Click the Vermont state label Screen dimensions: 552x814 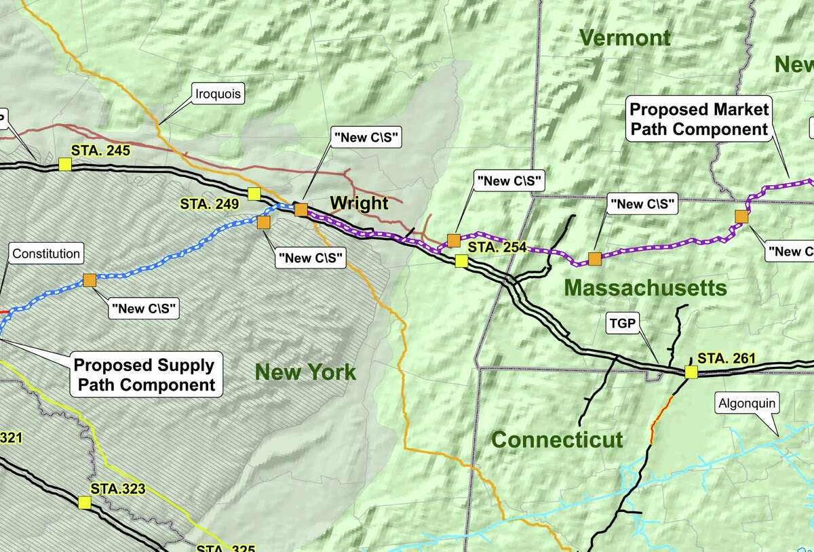[x=625, y=38]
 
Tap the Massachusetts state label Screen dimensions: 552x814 [x=645, y=288]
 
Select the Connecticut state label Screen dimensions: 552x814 [x=557, y=439]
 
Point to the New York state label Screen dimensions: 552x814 [x=305, y=372]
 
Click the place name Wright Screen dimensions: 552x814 [x=359, y=203]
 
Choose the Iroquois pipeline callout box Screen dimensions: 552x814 [x=216, y=95]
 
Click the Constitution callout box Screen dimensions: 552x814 [x=46, y=254]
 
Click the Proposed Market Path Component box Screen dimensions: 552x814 [x=699, y=119]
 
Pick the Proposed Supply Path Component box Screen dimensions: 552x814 [x=143, y=375]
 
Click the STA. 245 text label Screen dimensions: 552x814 [x=100, y=151]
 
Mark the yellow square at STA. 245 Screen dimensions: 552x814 [x=64, y=164]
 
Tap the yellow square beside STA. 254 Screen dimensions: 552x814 [x=461, y=260]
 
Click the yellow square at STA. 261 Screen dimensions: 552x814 [x=691, y=372]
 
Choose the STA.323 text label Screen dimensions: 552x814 [x=118, y=488]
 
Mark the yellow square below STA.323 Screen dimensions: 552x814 [x=84, y=502]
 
